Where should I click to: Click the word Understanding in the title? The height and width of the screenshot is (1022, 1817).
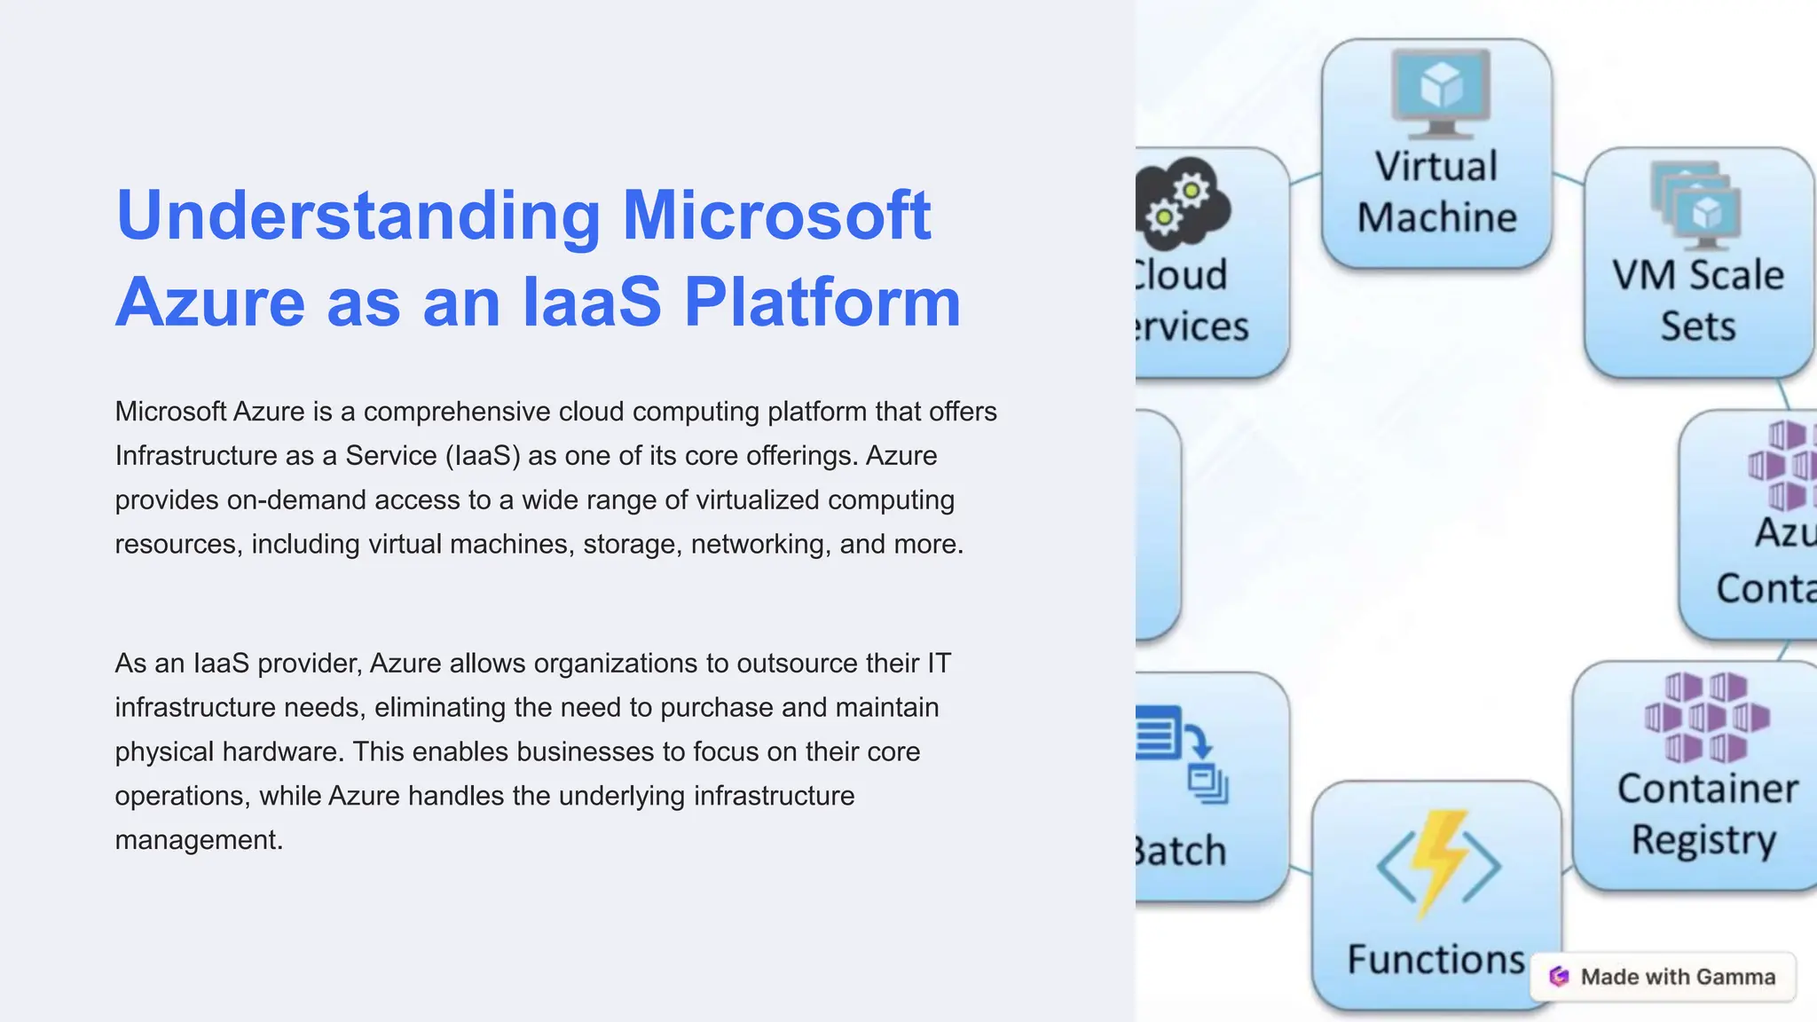pyautogui.click(x=358, y=216)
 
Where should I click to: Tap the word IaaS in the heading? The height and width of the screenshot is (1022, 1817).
pyautogui.click(x=592, y=303)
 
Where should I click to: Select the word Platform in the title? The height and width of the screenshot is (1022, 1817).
pyautogui.click(x=822, y=303)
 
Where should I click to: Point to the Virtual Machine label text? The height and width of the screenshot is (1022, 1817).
pyautogui.click(x=1436, y=193)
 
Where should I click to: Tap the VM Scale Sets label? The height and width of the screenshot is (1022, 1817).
pyautogui.click(x=1697, y=301)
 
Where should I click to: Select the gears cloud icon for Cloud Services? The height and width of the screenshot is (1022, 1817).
pyautogui.click(x=1181, y=202)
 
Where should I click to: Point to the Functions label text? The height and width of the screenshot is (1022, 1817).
pyautogui.click(x=1436, y=960)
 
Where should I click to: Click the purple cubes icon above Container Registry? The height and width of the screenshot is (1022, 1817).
pyautogui.click(x=1706, y=717)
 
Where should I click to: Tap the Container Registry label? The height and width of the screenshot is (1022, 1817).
pyautogui.click(x=1706, y=814)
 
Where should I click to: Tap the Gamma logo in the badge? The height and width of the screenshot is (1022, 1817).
pyautogui.click(x=1559, y=977)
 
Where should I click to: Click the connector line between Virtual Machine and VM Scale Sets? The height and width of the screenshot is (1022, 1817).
pyautogui.click(x=1569, y=179)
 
